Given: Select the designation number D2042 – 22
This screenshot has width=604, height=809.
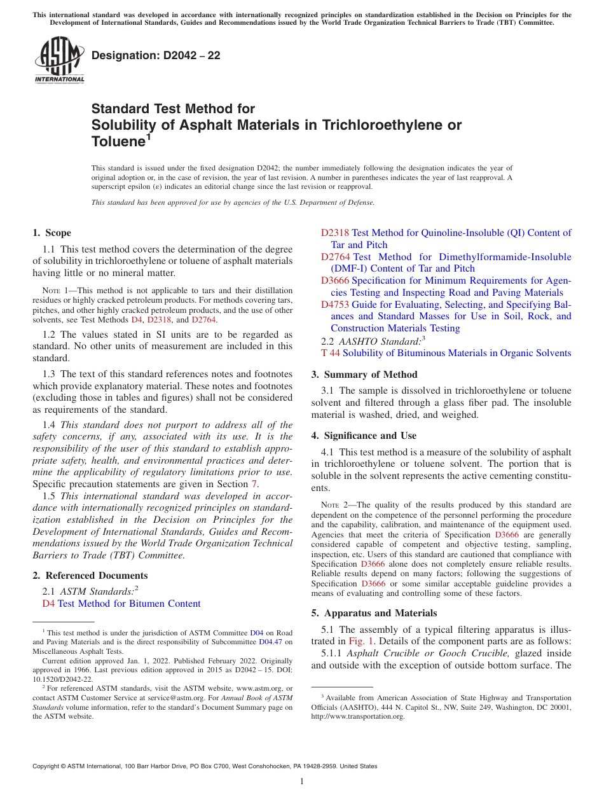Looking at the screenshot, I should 156,55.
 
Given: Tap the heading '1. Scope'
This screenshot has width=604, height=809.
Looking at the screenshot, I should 52,233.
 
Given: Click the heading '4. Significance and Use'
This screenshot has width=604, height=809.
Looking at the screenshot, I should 364,436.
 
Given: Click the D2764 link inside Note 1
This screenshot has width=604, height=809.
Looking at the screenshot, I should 204,320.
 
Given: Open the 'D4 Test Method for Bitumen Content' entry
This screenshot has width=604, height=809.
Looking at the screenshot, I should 121,604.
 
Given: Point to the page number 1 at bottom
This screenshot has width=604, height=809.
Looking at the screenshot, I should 302,782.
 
